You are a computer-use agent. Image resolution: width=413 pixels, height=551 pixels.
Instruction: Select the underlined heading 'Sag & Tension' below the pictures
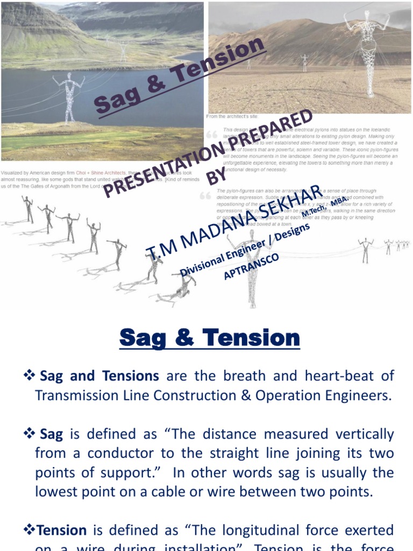(209, 338)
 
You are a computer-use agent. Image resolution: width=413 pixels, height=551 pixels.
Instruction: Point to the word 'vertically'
(359, 434)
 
